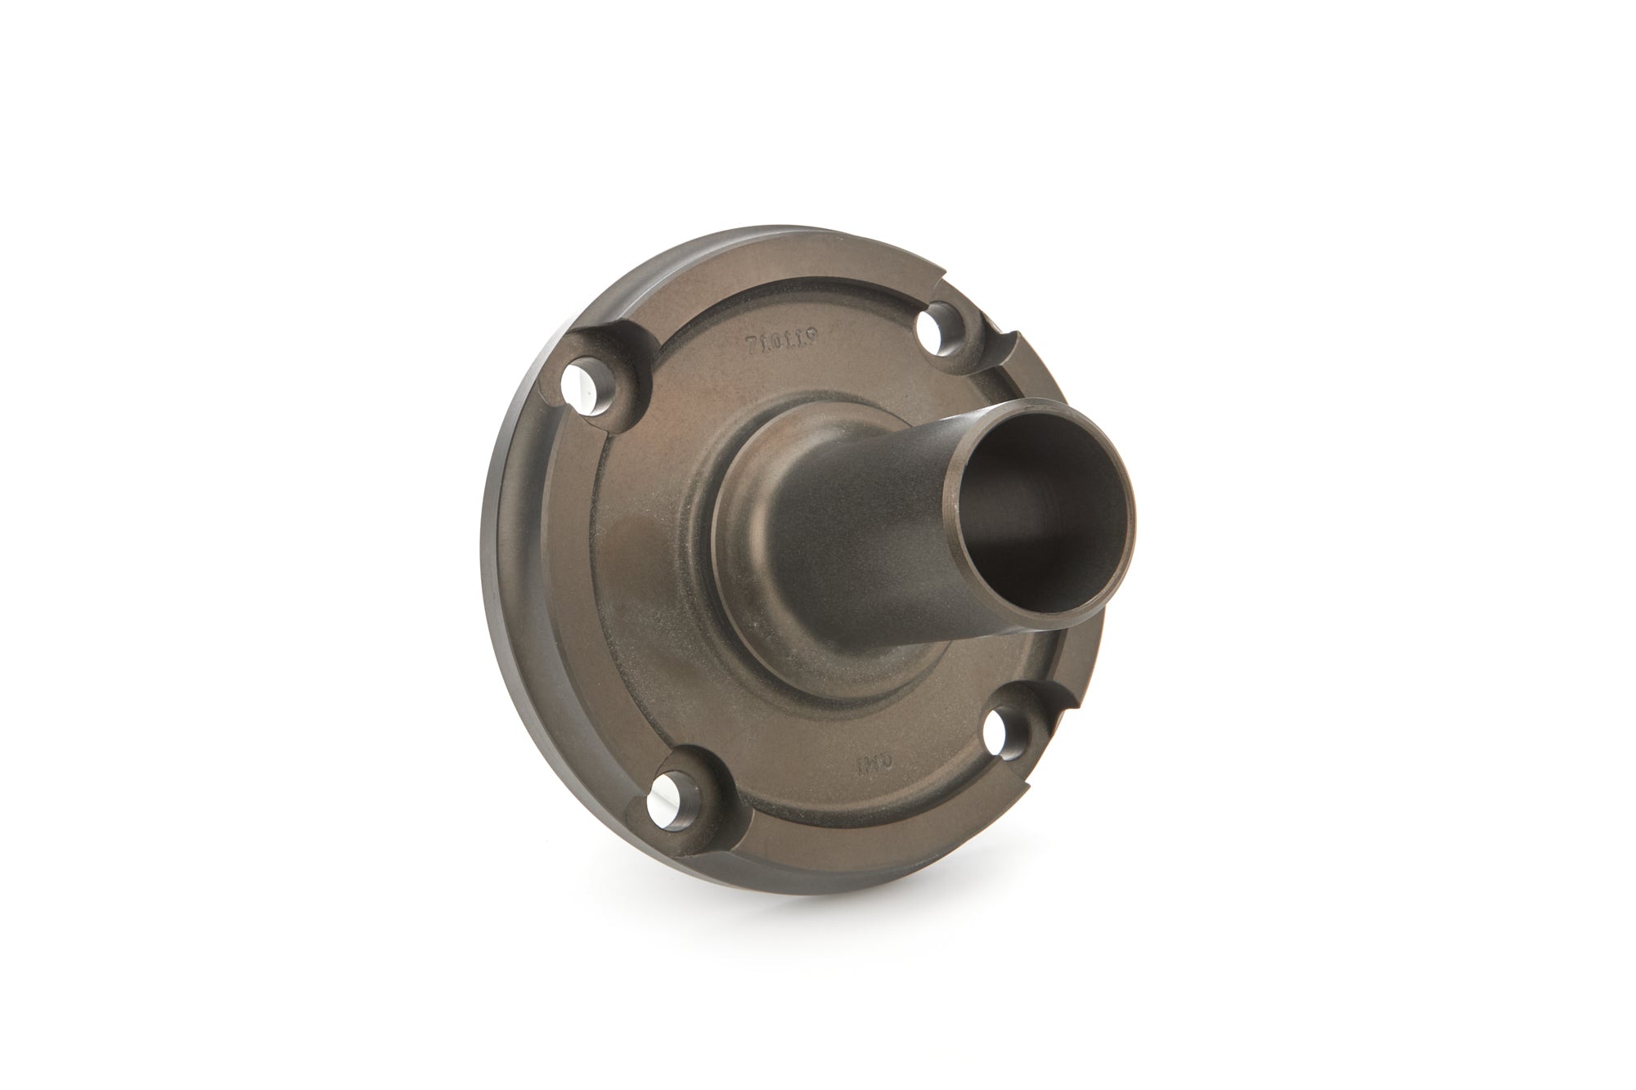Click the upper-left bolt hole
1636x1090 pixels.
point(587,391)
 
